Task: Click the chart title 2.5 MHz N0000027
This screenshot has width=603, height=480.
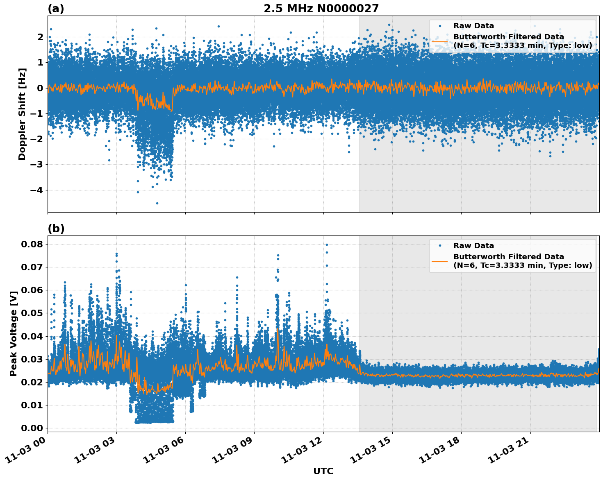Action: coord(321,9)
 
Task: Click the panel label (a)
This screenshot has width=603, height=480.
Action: coord(56,9)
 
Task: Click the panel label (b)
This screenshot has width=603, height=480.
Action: coord(56,229)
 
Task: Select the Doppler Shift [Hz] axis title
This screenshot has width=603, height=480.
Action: coord(22,114)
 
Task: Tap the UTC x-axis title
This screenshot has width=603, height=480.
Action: coord(323,471)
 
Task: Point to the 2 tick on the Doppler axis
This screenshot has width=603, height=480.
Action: coord(40,37)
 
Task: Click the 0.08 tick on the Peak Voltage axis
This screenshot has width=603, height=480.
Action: coord(32,244)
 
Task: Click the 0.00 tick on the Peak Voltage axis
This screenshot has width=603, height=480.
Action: coord(32,428)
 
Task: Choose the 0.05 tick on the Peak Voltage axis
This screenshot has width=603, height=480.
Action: coord(32,313)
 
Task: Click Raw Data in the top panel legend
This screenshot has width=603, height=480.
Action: coord(473,26)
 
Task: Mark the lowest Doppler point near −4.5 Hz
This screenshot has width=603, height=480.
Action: coord(157,203)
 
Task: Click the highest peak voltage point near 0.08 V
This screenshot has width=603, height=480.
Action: coord(327,245)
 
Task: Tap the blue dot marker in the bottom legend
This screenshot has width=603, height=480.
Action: coord(440,246)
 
